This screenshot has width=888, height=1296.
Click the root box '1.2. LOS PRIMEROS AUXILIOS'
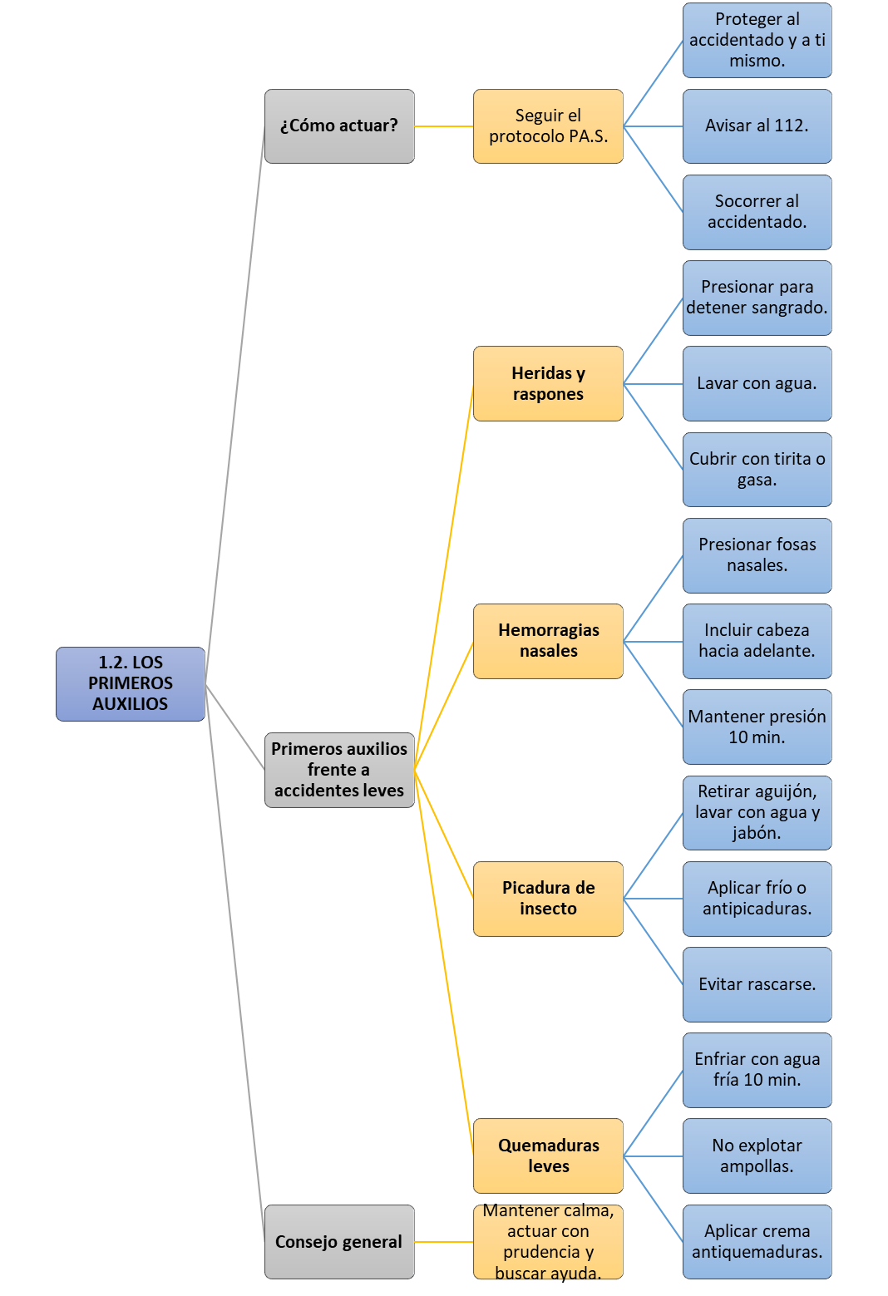pyautogui.click(x=131, y=684)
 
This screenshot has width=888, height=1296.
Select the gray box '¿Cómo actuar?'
pyautogui.click(x=339, y=126)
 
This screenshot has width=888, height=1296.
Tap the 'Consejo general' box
pyautogui.click(x=339, y=1242)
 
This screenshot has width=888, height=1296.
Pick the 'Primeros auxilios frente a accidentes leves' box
pyautogui.click(x=339, y=770)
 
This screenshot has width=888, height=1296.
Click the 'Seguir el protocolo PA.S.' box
pyautogui.click(x=549, y=126)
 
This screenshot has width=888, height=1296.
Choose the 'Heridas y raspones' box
pyautogui.click(x=549, y=383)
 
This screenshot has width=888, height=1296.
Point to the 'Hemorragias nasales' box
pyautogui.click(x=549, y=641)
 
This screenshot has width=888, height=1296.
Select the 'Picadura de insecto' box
pyautogui.click(x=549, y=899)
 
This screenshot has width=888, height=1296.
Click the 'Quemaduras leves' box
pyautogui.click(x=549, y=1156)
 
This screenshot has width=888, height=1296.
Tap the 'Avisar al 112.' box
pyautogui.click(x=757, y=126)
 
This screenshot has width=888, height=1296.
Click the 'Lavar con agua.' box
pyautogui.click(x=757, y=383)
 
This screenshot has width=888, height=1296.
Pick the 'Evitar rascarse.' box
pyautogui.click(x=757, y=985)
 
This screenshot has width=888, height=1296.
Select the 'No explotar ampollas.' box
pyautogui.click(x=757, y=1156)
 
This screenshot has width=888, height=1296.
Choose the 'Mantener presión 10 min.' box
pyautogui.click(x=757, y=727)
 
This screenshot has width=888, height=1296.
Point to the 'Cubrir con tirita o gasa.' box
pyautogui.click(x=757, y=470)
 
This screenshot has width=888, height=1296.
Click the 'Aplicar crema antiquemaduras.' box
pyautogui.click(x=757, y=1242)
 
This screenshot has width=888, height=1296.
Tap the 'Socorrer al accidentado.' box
pyautogui.click(x=757, y=212)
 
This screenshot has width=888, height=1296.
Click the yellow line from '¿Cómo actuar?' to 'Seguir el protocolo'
pyautogui.click(x=444, y=126)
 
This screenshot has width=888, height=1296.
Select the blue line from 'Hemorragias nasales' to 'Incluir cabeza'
pyautogui.click(x=654, y=641)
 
